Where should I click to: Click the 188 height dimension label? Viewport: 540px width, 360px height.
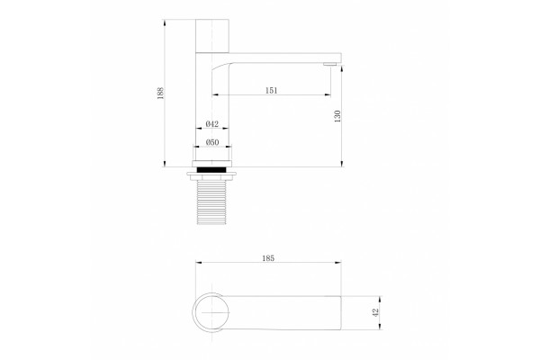pos(160,93)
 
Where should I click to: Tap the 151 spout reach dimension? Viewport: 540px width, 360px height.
pos(272,91)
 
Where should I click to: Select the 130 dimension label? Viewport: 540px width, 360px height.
pos(337,116)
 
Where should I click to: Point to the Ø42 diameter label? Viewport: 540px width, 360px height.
pos(212,124)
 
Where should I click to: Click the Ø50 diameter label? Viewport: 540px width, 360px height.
pos(212,142)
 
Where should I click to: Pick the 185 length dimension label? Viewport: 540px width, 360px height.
pos(268,258)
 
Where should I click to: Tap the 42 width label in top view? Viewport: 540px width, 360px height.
pos(375,312)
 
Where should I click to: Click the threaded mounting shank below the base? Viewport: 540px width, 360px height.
pos(211,202)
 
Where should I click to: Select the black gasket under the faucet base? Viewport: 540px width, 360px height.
pos(211,169)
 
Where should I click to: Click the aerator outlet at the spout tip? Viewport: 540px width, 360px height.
pos(330,64)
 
